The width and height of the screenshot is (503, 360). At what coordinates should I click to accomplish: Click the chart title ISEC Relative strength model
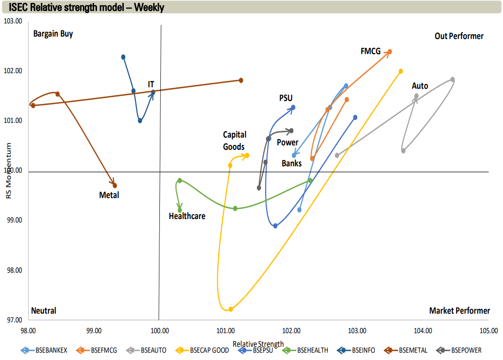click(86, 7)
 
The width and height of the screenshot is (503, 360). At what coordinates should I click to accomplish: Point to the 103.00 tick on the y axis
click(14, 21)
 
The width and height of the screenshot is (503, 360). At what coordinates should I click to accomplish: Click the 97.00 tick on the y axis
click(14, 320)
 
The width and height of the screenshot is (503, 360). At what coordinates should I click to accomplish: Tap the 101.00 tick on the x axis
click(226, 330)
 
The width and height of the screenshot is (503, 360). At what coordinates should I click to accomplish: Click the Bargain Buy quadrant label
click(53, 34)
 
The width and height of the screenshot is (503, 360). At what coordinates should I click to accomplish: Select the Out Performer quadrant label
click(459, 36)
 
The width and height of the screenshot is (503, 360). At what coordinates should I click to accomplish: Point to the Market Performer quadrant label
click(460, 311)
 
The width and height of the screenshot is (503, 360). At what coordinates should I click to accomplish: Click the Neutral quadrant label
click(43, 311)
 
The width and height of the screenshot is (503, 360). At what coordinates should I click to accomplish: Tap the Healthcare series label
click(187, 216)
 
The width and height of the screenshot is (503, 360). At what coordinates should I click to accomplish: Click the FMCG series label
click(370, 51)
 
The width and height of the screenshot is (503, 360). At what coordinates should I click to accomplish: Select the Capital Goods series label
click(234, 140)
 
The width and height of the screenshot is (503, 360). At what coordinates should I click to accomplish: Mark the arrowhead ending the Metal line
click(115, 185)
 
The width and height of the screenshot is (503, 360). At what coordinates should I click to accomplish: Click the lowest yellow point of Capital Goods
click(231, 309)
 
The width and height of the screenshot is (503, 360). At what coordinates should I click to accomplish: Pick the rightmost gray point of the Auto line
click(452, 80)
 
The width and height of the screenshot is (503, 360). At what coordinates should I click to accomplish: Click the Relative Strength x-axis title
click(258, 344)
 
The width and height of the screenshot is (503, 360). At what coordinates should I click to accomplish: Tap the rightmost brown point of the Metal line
click(241, 80)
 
